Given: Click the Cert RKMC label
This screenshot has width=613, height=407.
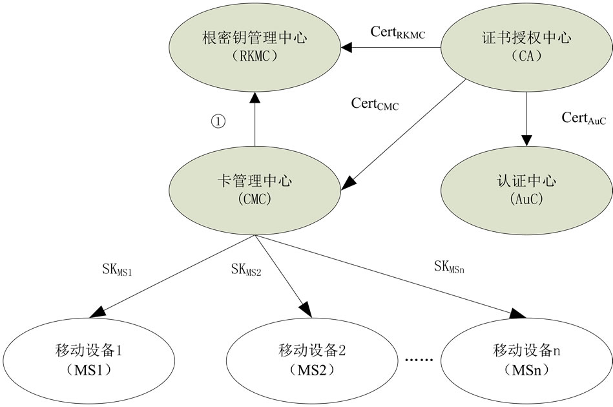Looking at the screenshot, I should click(397, 32).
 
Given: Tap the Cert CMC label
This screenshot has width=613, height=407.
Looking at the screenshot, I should click(375, 104).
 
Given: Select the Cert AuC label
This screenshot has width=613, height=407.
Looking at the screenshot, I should click(583, 118).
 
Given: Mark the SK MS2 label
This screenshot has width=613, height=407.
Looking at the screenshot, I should click(245, 269).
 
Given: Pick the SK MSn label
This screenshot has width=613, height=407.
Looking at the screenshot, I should click(450, 266).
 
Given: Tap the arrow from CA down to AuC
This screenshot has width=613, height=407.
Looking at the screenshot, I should click(527, 116).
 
